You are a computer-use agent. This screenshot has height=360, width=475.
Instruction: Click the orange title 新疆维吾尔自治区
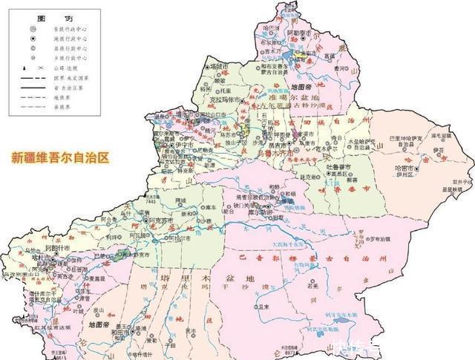[x=59, y=158]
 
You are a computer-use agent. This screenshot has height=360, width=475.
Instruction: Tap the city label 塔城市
[x=218, y=66]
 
